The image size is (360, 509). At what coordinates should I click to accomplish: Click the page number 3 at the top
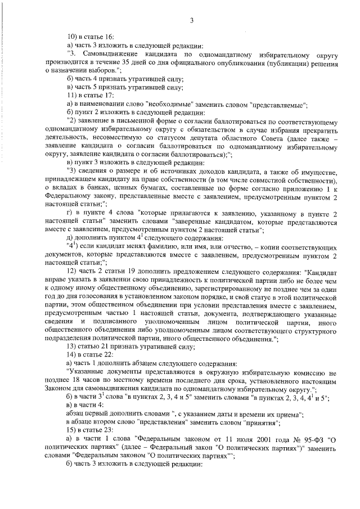(191, 21)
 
